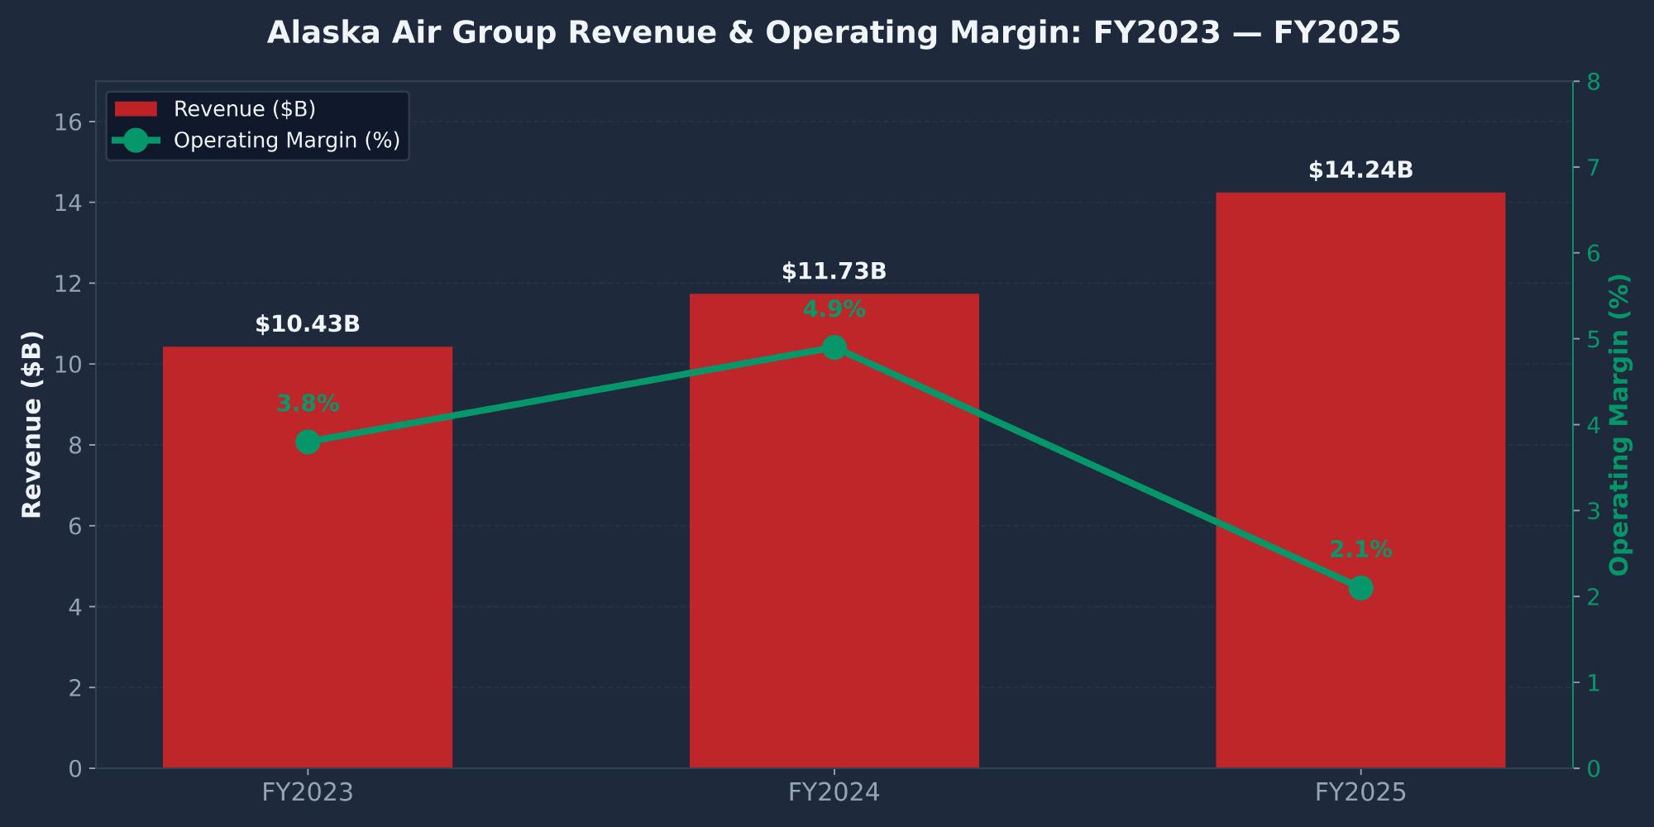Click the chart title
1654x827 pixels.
click(x=834, y=33)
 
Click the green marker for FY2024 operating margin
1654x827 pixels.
click(x=834, y=347)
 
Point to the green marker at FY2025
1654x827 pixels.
click(x=1360, y=588)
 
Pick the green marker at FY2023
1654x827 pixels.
click(x=308, y=442)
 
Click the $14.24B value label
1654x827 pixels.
click(x=1360, y=170)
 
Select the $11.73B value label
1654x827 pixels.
click(x=834, y=271)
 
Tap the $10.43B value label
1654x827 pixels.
click(x=308, y=324)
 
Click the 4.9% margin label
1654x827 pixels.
click(x=834, y=310)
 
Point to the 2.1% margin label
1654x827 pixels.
click(x=1360, y=549)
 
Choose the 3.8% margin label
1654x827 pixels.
click(x=308, y=404)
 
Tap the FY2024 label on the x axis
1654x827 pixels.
click(x=834, y=793)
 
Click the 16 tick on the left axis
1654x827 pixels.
click(x=69, y=122)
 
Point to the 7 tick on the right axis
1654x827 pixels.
click(x=1592, y=168)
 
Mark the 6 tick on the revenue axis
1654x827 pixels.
click(x=74, y=526)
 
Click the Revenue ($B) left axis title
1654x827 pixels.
click(x=31, y=424)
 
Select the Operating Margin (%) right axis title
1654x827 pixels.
click(x=1619, y=424)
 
